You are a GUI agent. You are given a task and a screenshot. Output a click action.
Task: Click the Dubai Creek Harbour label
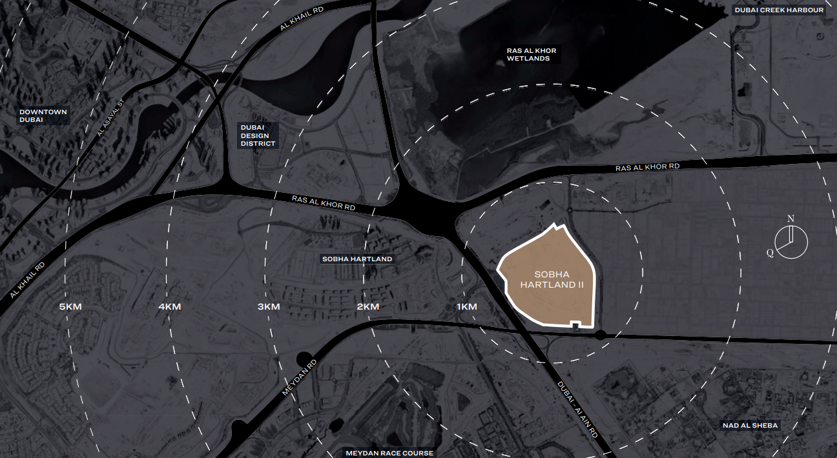pos(779,10)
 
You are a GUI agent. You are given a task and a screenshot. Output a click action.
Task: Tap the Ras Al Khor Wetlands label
pos(532,54)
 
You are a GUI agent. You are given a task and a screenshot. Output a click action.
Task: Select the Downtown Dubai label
pos(43,116)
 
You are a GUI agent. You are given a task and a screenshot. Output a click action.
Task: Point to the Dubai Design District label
pos(258,135)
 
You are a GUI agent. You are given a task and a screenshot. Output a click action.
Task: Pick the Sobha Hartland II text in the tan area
pos(552,279)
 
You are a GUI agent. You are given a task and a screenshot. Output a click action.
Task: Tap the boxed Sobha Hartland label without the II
pos(356,259)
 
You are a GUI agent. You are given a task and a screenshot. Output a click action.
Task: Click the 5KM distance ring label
pos(70,306)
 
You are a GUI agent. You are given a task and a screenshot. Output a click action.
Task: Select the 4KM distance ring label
pos(169,306)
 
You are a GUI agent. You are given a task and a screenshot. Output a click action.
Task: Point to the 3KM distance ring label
pos(269,306)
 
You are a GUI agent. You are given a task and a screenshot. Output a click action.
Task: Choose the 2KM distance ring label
pos(367,306)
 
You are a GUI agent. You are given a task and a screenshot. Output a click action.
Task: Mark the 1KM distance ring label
pos(466,306)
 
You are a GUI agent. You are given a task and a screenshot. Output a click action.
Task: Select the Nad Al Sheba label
pos(750,425)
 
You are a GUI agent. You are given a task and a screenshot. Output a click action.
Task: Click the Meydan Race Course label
pos(389,453)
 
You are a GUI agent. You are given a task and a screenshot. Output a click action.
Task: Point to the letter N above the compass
pos(790,219)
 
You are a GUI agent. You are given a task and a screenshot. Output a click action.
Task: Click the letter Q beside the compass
pos(770,253)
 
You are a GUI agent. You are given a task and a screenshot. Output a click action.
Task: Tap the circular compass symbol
pos(791,243)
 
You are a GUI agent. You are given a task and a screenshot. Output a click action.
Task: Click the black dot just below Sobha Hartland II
pos(600,335)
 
